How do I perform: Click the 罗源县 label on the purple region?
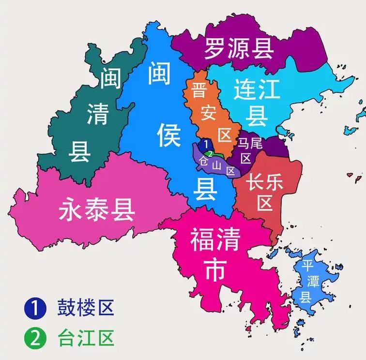click(239, 48)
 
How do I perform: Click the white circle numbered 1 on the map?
click(206, 144)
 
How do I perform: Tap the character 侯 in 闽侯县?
click(169, 135)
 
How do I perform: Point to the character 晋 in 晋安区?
click(198, 90)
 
